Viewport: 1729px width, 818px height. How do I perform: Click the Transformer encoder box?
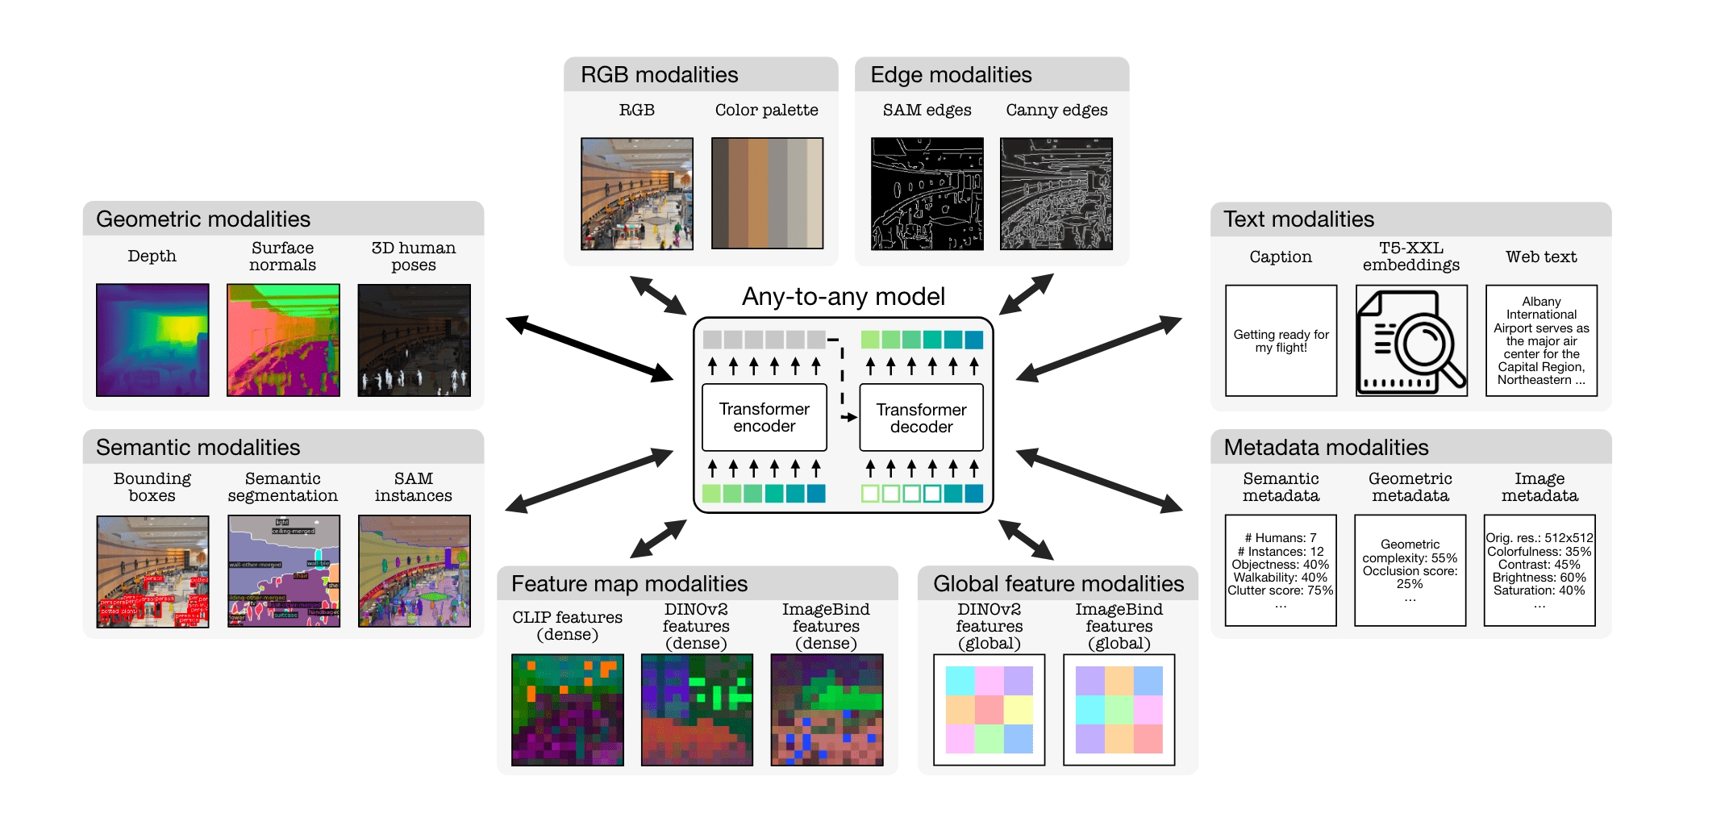point(764,417)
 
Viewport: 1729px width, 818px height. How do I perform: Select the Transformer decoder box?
point(921,418)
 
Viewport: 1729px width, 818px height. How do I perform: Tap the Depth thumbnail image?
point(152,340)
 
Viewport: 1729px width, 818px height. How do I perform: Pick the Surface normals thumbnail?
point(283,340)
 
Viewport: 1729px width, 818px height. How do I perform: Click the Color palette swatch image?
point(767,193)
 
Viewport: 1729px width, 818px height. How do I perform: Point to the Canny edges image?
point(1056,194)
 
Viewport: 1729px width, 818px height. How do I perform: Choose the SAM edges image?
point(927,194)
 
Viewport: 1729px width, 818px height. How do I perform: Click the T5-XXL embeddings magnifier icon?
point(1411,340)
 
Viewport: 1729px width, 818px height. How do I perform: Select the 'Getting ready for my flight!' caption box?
point(1281,340)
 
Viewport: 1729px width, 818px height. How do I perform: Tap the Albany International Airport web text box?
point(1541,340)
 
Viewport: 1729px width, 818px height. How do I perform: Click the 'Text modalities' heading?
point(1298,219)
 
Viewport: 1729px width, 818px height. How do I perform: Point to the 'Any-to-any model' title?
point(843,296)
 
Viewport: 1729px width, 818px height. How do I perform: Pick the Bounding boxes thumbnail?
point(152,571)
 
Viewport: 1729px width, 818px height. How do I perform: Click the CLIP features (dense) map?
point(567,709)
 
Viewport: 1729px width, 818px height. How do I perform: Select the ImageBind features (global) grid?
point(1119,709)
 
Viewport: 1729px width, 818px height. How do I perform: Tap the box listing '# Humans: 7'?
point(1280,570)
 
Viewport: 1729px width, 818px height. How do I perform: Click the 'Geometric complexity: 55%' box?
point(1410,570)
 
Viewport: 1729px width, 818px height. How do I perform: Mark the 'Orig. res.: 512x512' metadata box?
point(1539,570)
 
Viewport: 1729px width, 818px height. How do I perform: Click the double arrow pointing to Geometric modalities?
point(590,349)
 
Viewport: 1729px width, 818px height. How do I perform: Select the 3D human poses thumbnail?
point(414,340)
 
